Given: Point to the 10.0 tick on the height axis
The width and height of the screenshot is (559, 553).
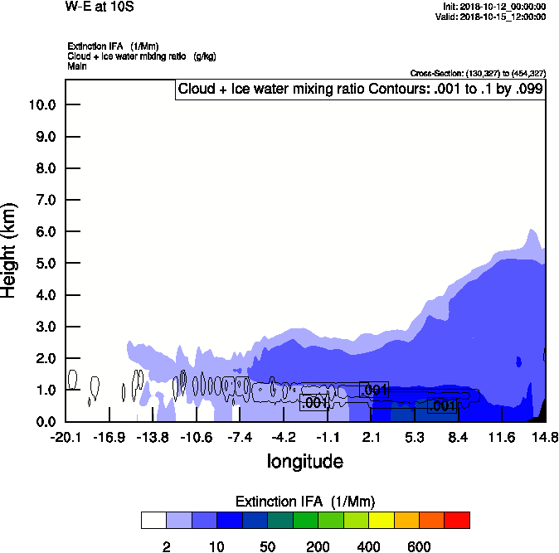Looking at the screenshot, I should click(41, 104).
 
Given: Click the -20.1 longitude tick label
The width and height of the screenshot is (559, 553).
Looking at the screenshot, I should click(65, 437).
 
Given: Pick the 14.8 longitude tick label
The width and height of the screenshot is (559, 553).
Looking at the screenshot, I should click(544, 437).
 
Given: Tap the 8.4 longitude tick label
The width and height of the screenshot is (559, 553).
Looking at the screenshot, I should click(458, 437).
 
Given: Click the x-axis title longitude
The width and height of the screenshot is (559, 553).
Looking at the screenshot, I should click(304, 460).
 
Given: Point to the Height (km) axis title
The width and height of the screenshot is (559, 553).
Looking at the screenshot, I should click(10, 249).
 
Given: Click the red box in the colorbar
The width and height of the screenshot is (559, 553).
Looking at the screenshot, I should click(457, 520).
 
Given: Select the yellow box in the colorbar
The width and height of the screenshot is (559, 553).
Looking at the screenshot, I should click(381, 520).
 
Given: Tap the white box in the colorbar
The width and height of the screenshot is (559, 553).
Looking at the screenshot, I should click(153, 520).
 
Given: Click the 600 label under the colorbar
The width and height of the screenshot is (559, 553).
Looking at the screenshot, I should click(419, 546).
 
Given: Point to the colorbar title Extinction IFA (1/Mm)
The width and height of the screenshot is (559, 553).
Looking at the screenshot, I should click(305, 502).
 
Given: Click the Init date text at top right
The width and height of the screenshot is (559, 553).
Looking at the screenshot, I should click(495, 7).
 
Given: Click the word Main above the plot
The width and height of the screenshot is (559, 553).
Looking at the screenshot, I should click(75, 65).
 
